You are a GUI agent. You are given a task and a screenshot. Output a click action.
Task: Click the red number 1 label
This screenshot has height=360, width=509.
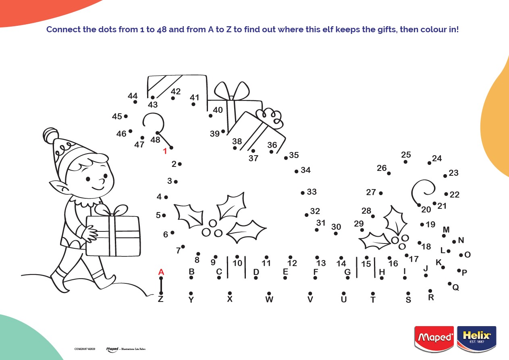(x=165, y=152)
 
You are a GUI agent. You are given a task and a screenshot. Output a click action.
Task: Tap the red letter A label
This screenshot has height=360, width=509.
(x=161, y=272)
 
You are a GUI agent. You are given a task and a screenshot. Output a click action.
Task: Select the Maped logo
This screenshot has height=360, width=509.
(x=434, y=337)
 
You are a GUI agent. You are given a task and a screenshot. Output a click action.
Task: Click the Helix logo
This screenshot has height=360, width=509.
(x=477, y=337)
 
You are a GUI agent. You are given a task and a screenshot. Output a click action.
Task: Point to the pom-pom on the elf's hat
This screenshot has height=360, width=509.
(x=50, y=134)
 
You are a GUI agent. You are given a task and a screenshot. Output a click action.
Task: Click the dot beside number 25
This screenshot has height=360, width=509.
(x=405, y=162)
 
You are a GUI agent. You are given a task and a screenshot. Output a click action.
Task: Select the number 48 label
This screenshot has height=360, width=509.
(x=155, y=140)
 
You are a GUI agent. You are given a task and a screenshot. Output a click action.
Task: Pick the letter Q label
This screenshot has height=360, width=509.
(x=456, y=287)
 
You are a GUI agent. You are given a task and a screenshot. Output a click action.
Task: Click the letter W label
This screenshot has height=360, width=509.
(x=269, y=300)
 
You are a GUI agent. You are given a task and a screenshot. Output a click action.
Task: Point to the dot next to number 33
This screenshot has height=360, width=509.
(x=303, y=193)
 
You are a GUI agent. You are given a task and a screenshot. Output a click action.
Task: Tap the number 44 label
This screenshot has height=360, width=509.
(x=133, y=96)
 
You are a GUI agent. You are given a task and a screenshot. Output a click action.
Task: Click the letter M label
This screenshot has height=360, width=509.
(x=446, y=230)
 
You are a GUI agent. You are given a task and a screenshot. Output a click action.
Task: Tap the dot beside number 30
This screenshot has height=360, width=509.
(x=336, y=233)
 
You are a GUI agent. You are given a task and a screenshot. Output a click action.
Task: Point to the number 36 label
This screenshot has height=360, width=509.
(x=272, y=145)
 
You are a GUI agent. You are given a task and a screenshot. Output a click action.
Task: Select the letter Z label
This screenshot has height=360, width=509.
(x=160, y=299)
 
